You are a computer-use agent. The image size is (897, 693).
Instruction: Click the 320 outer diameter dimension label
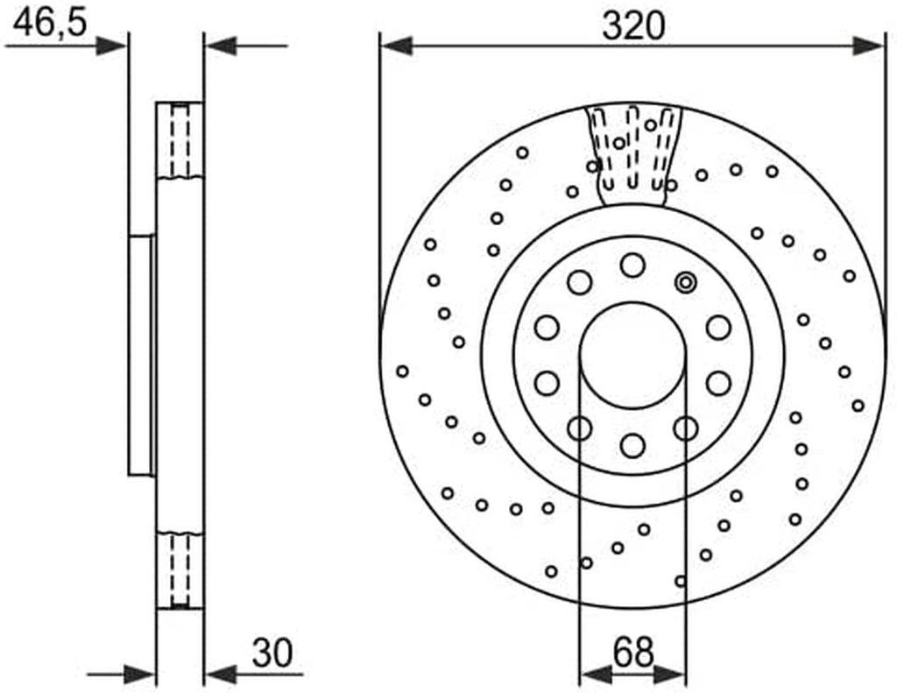(x=633, y=26)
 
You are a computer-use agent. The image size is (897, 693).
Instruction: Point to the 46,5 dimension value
(x=50, y=24)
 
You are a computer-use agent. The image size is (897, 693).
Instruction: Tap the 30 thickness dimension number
(x=272, y=653)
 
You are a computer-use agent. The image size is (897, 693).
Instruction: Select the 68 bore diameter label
(x=632, y=652)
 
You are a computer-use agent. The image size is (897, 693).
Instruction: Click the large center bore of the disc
(x=632, y=356)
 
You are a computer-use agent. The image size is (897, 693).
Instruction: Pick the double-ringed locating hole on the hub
(x=685, y=282)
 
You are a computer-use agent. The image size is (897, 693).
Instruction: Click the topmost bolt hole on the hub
(x=632, y=265)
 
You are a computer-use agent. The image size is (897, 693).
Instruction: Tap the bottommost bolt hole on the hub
(x=632, y=445)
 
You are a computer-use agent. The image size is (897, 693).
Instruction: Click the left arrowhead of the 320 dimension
(x=396, y=46)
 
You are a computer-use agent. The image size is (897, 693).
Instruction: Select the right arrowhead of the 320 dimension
(x=869, y=46)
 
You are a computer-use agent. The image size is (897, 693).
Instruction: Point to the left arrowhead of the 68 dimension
(x=596, y=675)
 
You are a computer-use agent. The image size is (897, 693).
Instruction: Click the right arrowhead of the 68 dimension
(x=670, y=675)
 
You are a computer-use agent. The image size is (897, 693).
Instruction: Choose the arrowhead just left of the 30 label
(x=220, y=675)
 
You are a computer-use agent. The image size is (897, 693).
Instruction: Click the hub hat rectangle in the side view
(x=142, y=356)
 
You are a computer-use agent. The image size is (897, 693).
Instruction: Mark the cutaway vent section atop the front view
(x=634, y=154)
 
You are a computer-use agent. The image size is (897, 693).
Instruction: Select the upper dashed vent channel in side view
(x=180, y=140)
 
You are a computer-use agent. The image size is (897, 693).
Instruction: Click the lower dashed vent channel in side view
(x=180, y=570)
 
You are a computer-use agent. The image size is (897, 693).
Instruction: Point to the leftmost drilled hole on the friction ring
(x=402, y=371)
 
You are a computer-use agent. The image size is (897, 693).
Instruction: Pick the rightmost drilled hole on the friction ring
(x=858, y=406)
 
